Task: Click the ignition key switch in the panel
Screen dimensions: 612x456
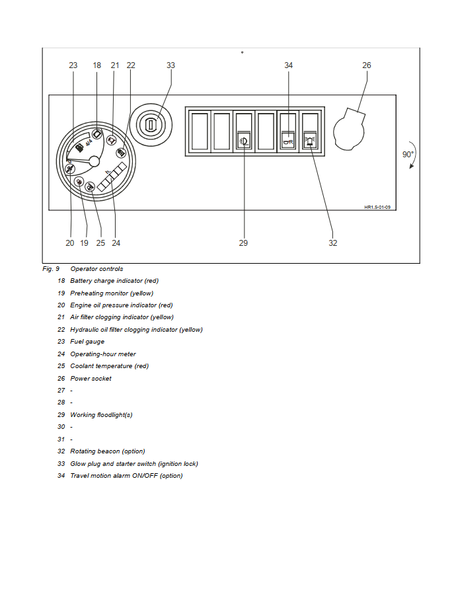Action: click(x=151, y=124)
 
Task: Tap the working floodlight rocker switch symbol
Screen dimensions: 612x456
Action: click(x=244, y=140)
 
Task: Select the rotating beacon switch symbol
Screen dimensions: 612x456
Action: click(x=310, y=140)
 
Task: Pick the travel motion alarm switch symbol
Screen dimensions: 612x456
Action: click(x=288, y=140)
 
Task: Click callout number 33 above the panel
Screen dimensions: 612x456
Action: click(x=171, y=65)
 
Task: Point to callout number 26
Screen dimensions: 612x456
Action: click(x=367, y=65)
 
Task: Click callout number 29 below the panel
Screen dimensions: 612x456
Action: click(x=243, y=243)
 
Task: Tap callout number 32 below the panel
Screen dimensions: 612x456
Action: click(x=333, y=243)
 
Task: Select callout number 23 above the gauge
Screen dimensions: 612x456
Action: click(x=73, y=65)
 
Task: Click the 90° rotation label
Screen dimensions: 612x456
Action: click(x=408, y=155)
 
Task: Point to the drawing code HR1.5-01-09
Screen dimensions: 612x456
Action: click(x=377, y=207)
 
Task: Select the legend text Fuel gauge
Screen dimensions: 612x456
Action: click(x=87, y=342)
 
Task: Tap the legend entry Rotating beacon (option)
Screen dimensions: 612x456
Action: click(x=108, y=451)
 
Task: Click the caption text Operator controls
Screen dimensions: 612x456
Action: click(x=96, y=269)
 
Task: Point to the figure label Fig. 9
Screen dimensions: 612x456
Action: click(x=51, y=269)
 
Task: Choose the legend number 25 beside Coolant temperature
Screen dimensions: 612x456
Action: click(x=61, y=366)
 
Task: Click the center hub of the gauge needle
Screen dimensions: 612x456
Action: click(x=94, y=161)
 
